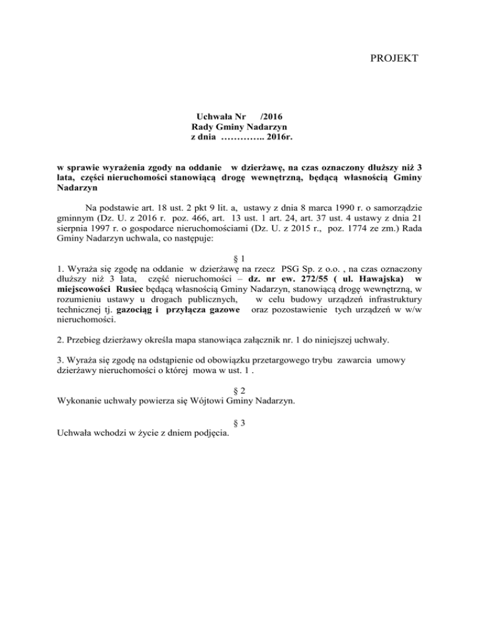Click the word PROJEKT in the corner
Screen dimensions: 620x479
pyautogui.click(x=392, y=59)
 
